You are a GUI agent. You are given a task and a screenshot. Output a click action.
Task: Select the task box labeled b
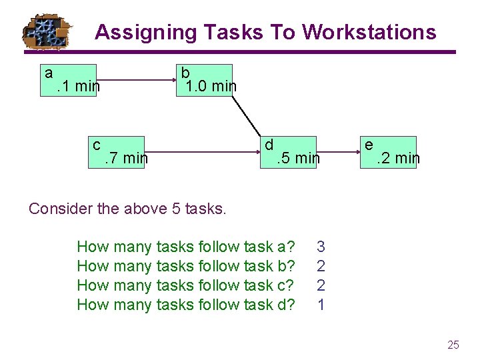coord(204,80)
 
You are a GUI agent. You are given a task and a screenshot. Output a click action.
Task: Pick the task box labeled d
coord(287,152)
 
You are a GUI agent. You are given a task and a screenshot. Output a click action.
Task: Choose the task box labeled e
coord(389,152)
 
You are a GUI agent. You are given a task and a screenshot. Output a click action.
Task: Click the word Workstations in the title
coord(369,32)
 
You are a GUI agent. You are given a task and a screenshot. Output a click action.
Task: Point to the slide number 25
coord(453,345)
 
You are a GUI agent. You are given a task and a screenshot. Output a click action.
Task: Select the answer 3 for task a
coord(321,247)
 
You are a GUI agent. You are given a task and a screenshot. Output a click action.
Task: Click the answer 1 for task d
coord(321,305)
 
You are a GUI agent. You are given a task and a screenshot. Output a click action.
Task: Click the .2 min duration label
coord(398,159)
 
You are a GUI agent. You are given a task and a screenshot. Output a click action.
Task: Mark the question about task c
coord(186,285)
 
